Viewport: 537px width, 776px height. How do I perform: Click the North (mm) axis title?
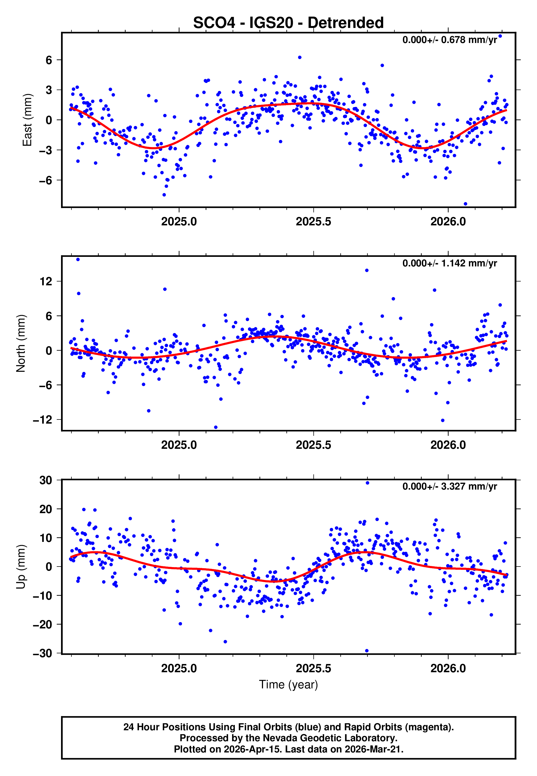[21, 343]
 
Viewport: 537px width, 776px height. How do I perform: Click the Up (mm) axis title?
[21, 567]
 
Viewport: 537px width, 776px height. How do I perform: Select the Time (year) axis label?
[288, 685]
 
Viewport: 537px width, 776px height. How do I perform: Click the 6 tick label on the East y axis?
[49, 60]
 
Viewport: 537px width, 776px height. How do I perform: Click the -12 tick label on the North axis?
[43, 420]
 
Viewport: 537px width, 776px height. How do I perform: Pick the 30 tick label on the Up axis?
[46, 481]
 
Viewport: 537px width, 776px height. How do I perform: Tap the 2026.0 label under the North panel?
[448, 445]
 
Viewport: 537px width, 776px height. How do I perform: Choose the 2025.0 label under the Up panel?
[179, 668]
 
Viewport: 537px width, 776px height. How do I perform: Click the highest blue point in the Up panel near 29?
[367, 483]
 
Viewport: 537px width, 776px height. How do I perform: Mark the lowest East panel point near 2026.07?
[465, 204]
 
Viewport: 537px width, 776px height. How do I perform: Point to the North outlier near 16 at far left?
[78, 260]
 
